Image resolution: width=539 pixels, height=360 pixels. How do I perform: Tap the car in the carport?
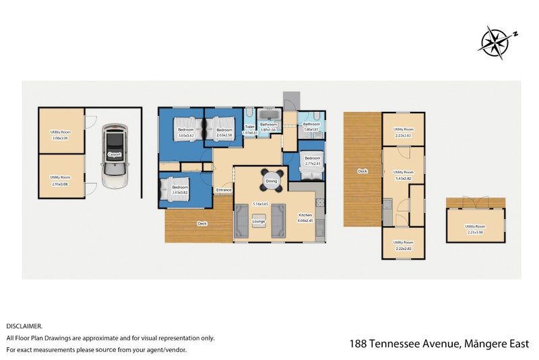[115, 156]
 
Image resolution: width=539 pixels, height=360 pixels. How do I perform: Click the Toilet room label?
[249, 127]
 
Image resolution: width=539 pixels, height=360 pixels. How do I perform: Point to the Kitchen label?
[305, 215]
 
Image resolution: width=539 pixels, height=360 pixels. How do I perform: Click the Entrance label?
[224, 190]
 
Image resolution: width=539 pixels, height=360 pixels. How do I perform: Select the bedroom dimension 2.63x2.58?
[224, 136]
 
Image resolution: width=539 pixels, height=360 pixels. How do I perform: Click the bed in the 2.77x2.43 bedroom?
[313, 174]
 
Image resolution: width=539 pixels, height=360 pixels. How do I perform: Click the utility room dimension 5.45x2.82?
[403, 178]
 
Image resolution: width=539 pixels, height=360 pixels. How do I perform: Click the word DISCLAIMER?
[24, 326]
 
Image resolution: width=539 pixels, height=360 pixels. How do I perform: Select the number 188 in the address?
[359, 344]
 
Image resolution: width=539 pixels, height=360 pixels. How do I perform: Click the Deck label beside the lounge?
[201, 223]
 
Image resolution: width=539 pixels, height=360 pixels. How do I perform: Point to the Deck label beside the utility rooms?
[362, 171]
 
